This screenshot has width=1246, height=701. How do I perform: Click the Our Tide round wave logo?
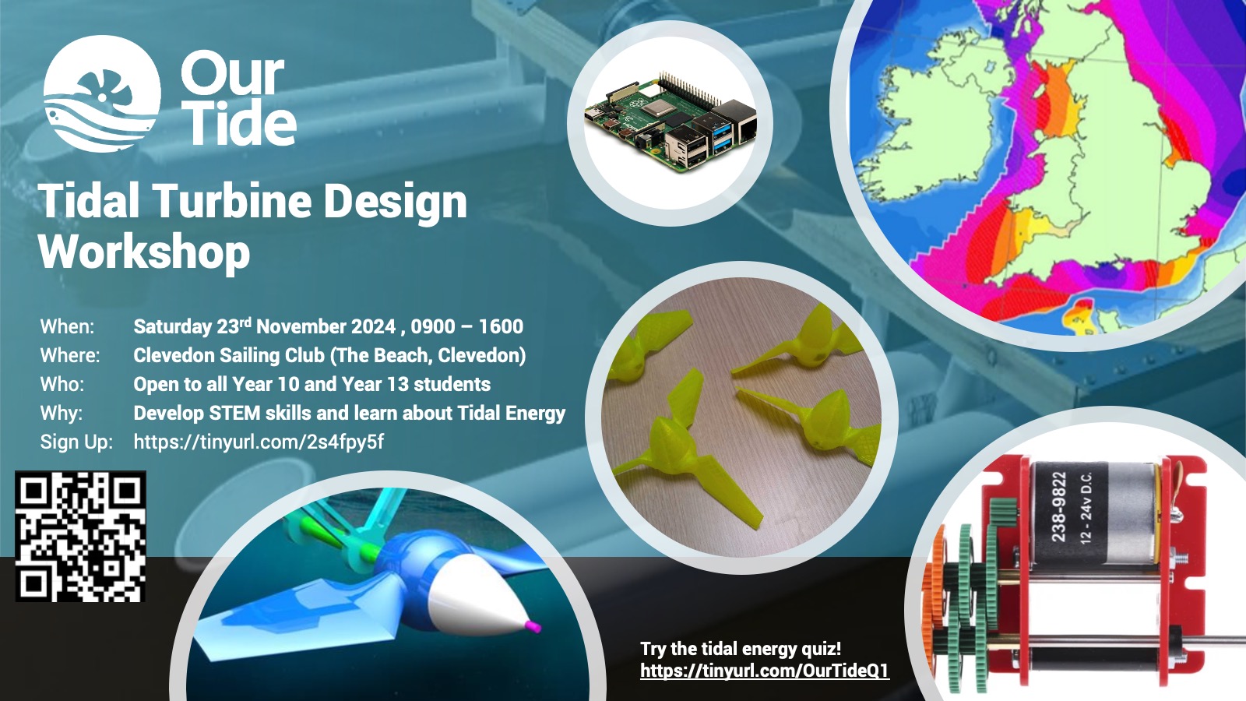102,93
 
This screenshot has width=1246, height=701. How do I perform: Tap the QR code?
81,537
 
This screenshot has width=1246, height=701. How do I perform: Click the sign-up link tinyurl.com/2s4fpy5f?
259,442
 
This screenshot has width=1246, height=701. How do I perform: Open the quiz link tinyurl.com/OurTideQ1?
765,671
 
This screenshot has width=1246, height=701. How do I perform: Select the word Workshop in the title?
144,252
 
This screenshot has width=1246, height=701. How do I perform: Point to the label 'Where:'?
70,355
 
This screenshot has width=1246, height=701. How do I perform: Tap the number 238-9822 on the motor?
1058,507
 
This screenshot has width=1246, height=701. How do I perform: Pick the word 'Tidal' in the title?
89,201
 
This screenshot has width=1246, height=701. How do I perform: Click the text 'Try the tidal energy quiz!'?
741,649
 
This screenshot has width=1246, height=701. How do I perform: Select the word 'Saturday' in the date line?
172,326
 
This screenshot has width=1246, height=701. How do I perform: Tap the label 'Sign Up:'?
76,442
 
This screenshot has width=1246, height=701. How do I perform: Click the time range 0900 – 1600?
466,326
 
